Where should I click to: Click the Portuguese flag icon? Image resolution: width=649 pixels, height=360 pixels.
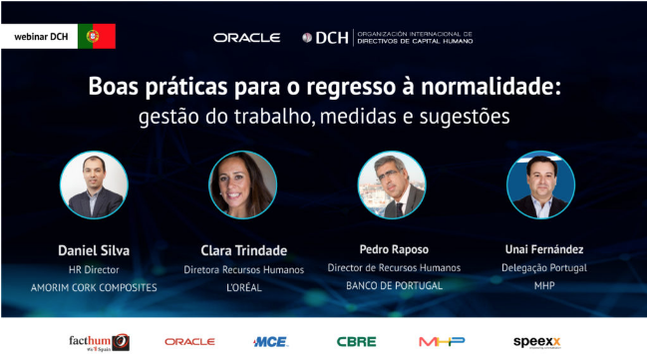(97, 36)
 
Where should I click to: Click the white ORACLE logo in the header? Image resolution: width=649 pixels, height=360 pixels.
(246, 38)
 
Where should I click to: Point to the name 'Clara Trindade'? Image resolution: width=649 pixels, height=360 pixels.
(242, 249)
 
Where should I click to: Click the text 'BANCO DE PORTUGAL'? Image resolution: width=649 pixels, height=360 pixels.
(394, 286)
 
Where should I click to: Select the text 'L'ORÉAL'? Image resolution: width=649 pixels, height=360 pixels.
(242, 287)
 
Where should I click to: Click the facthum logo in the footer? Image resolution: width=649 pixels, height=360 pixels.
(98, 342)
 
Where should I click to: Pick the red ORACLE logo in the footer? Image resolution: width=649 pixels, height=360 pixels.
(189, 342)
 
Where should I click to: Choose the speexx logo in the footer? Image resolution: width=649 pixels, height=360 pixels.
(538, 342)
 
